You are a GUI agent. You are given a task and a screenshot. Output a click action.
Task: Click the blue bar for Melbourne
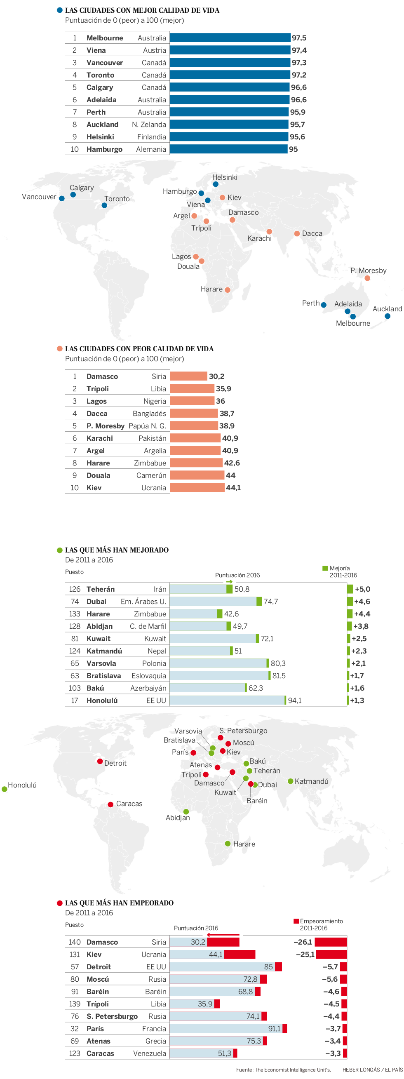(230, 38)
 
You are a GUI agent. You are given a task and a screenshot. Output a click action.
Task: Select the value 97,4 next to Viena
(299, 50)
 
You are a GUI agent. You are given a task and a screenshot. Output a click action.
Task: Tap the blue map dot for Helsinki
(216, 184)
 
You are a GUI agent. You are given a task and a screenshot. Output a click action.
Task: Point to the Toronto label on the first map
(117, 199)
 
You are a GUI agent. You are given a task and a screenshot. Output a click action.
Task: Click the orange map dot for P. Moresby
(367, 278)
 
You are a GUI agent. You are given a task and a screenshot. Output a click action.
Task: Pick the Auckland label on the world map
(387, 309)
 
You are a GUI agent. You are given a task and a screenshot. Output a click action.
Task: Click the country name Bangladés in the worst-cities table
(150, 414)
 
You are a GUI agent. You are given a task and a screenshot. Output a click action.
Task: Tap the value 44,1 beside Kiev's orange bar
(233, 488)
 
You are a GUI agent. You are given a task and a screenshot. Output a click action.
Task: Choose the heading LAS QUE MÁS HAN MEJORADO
(117, 550)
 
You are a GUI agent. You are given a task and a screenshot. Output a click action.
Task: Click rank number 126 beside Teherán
(75, 589)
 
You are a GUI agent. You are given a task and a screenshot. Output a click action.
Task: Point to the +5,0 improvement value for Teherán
(362, 589)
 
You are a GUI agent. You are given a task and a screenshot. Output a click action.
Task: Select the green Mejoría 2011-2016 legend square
(325, 569)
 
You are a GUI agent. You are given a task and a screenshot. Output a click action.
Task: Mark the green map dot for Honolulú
(4, 789)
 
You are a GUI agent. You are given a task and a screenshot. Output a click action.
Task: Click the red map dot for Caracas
(110, 805)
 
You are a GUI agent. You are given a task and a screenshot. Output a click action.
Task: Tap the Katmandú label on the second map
(312, 782)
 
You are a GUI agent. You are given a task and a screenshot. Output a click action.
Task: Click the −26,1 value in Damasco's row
(303, 942)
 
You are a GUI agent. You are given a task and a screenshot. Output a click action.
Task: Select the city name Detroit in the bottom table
(99, 967)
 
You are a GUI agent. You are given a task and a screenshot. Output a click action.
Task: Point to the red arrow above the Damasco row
(223, 935)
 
